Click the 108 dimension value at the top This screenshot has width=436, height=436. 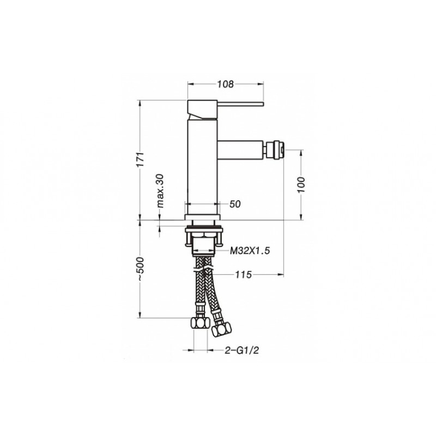[226, 84]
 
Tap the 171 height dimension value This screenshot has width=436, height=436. [141, 159]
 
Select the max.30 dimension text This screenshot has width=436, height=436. [160, 191]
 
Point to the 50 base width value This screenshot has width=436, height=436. [235, 204]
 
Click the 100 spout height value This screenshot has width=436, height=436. [301, 185]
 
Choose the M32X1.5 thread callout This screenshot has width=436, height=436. [250, 251]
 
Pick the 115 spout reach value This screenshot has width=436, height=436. [243, 275]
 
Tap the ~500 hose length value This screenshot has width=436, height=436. [141, 269]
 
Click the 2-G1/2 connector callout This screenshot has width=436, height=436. [242, 350]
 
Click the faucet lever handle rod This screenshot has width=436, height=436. [240, 104]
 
